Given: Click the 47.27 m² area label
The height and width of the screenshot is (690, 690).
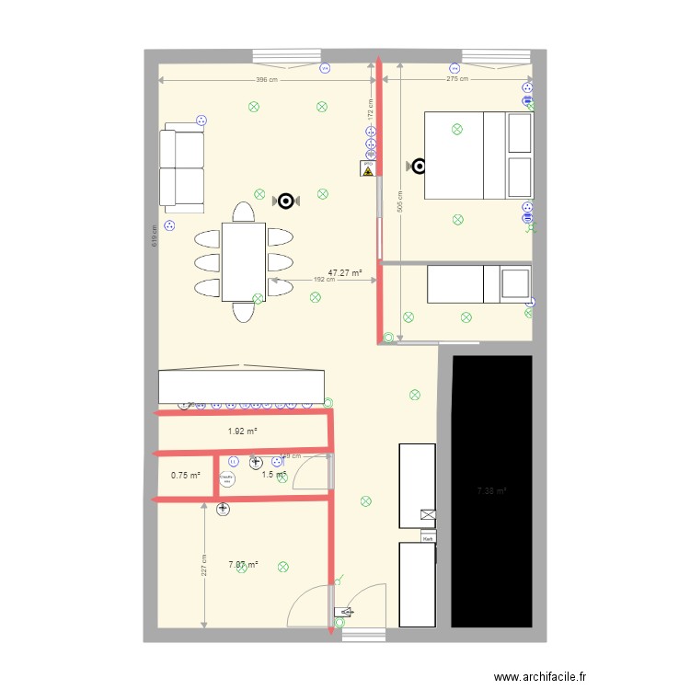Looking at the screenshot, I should (x=345, y=273).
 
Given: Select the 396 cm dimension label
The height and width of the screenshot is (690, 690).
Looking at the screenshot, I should (x=268, y=80).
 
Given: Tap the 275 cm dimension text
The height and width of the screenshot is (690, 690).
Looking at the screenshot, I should (x=456, y=80).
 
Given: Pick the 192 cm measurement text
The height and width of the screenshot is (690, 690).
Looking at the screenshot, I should (x=324, y=281).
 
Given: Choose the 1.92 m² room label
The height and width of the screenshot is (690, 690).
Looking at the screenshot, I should (x=242, y=431).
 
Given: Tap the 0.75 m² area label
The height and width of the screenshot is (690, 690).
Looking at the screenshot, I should (x=185, y=476).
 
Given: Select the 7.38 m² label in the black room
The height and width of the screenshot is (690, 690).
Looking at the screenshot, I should (x=492, y=491).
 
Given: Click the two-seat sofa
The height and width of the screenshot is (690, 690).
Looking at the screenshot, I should (x=181, y=167).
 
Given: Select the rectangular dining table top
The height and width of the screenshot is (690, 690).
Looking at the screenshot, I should (x=243, y=261).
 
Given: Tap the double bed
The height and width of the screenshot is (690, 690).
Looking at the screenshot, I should (x=478, y=155).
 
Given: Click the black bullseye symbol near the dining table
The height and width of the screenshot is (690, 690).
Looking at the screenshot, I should (x=287, y=201).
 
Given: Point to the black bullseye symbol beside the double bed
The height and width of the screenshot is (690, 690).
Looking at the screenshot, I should (x=419, y=167).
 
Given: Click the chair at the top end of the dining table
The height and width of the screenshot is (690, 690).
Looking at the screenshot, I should (x=243, y=213).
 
